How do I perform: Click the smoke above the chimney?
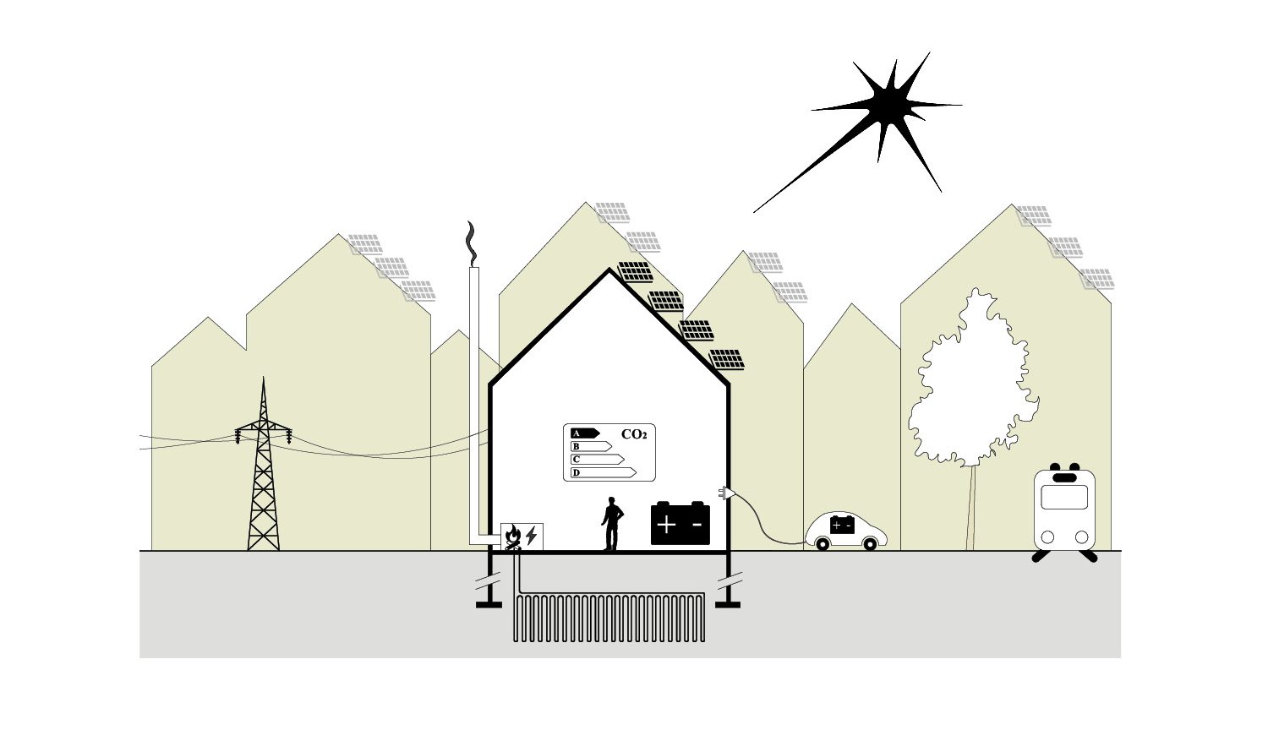point(472,243)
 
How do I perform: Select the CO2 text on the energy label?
point(634,434)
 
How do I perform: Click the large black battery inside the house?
point(680,524)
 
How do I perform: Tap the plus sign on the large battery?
point(666,525)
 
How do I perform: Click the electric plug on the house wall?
point(726,493)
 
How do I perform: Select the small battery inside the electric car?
point(841,525)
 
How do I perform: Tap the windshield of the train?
point(1063,496)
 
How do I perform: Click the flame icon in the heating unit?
point(512,536)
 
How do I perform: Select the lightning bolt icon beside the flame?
point(531,536)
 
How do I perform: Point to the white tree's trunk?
point(972,507)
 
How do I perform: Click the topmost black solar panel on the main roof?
point(635,271)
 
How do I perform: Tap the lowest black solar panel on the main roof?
point(728,360)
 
